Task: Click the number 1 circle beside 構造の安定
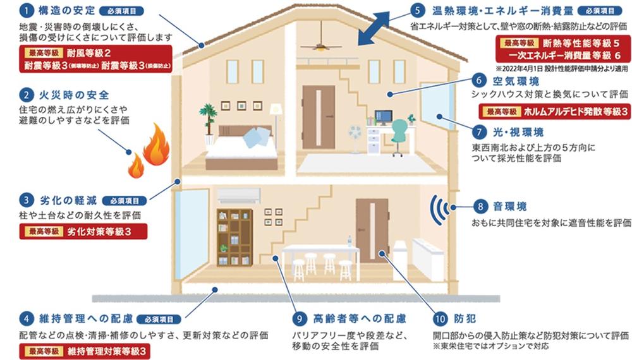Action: click(26, 11)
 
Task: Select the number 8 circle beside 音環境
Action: click(480, 207)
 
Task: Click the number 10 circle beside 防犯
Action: click(440, 319)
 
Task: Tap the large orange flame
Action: click(157, 145)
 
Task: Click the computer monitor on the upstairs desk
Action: click(384, 117)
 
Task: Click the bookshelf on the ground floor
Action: click(235, 237)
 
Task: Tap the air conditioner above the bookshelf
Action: click(239, 196)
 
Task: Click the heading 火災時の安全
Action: click(74, 95)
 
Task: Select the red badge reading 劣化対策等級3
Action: click(83, 232)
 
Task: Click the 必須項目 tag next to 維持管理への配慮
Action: click(159, 320)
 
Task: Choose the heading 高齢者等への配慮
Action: click(360, 319)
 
